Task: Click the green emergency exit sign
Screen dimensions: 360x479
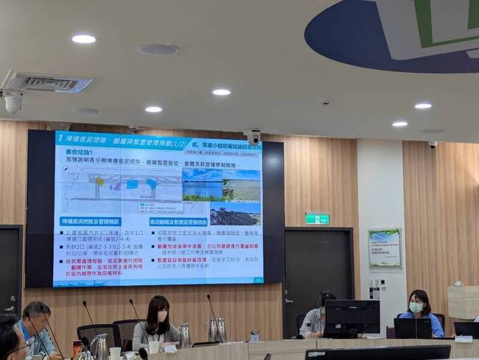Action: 317,219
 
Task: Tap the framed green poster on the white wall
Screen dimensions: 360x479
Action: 384,247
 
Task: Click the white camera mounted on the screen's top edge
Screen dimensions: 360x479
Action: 254,137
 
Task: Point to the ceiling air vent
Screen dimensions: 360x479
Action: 47,82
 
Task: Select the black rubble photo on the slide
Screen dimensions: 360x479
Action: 235,214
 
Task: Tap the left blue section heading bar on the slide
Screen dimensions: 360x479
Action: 91,222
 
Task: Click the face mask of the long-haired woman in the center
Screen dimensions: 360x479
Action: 161,317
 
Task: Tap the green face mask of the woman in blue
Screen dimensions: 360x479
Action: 416,307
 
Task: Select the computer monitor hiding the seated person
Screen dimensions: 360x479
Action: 352,317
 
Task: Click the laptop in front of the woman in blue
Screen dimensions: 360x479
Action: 413,328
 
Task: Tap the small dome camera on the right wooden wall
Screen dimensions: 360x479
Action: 433,144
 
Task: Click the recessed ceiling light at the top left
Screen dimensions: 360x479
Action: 83,38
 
